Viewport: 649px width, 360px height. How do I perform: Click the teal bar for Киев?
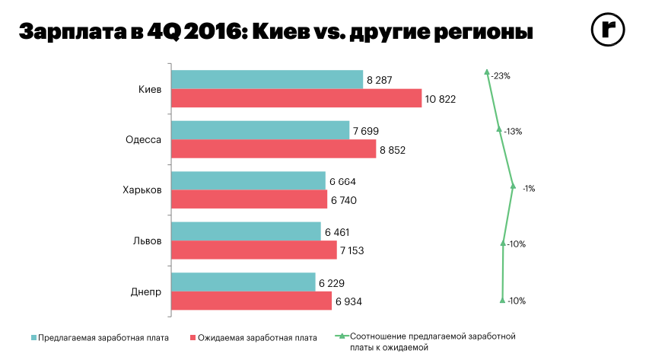pyautogui.click(x=267, y=79)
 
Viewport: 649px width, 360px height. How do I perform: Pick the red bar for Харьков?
pyautogui.click(x=250, y=200)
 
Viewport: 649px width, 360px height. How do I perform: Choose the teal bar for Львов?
pyautogui.click(x=247, y=231)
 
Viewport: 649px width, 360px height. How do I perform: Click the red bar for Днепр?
pyautogui.click(x=252, y=301)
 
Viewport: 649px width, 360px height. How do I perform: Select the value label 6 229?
pyautogui.click(x=332, y=282)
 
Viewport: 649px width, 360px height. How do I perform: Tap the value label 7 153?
pyautogui.click(x=354, y=251)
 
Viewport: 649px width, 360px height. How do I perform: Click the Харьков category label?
pyautogui.click(x=142, y=190)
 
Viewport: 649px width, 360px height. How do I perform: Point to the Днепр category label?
pyautogui.click(x=145, y=292)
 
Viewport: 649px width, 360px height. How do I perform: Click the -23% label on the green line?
pyautogui.click(x=501, y=76)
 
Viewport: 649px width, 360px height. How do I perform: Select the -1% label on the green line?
pyautogui.click(x=528, y=188)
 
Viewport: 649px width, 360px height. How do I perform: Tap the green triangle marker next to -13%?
pyautogui.click(x=499, y=129)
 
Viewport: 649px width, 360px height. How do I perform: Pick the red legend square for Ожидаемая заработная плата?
pyautogui.click(x=192, y=336)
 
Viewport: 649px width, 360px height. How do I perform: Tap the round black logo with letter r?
pyautogui.click(x=608, y=30)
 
